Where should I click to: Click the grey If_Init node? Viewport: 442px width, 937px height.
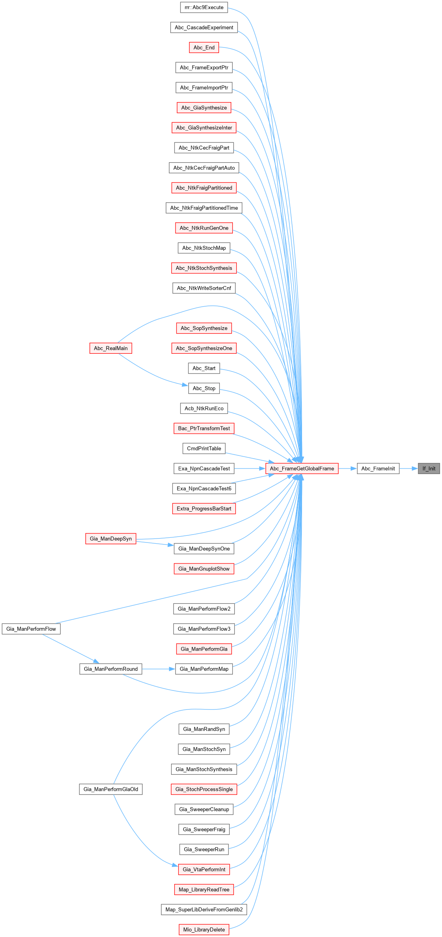(429, 468)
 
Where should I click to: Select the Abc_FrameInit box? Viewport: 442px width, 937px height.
(378, 468)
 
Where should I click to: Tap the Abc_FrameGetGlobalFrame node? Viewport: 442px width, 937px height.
(302, 468)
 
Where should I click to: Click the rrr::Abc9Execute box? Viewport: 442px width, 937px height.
(204, 8)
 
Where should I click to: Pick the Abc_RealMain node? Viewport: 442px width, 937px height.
(111, 348)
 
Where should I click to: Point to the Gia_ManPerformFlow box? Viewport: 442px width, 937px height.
(31, 629)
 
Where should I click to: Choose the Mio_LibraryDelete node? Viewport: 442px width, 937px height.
(204, 929)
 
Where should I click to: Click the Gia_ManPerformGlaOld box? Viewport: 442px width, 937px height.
(111, 789)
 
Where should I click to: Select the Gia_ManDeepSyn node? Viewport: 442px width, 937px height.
(111, 539)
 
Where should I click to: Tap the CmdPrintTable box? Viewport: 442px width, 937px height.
(204, 448)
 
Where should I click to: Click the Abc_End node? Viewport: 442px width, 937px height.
(204, 47)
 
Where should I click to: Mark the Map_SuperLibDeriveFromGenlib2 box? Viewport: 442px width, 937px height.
(204, 909)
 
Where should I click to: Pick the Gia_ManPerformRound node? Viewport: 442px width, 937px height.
(111, 669)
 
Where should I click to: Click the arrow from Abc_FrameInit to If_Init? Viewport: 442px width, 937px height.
(408, 468)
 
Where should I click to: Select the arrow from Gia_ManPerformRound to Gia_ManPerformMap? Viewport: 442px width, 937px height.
(158, 669)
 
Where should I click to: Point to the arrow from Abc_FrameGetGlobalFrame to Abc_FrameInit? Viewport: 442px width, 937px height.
(348, 468)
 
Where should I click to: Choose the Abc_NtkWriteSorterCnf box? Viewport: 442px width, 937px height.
(204, 288)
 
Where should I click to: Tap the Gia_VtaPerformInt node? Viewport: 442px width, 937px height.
(204, 869)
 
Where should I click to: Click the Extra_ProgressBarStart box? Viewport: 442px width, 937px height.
(204, 508)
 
